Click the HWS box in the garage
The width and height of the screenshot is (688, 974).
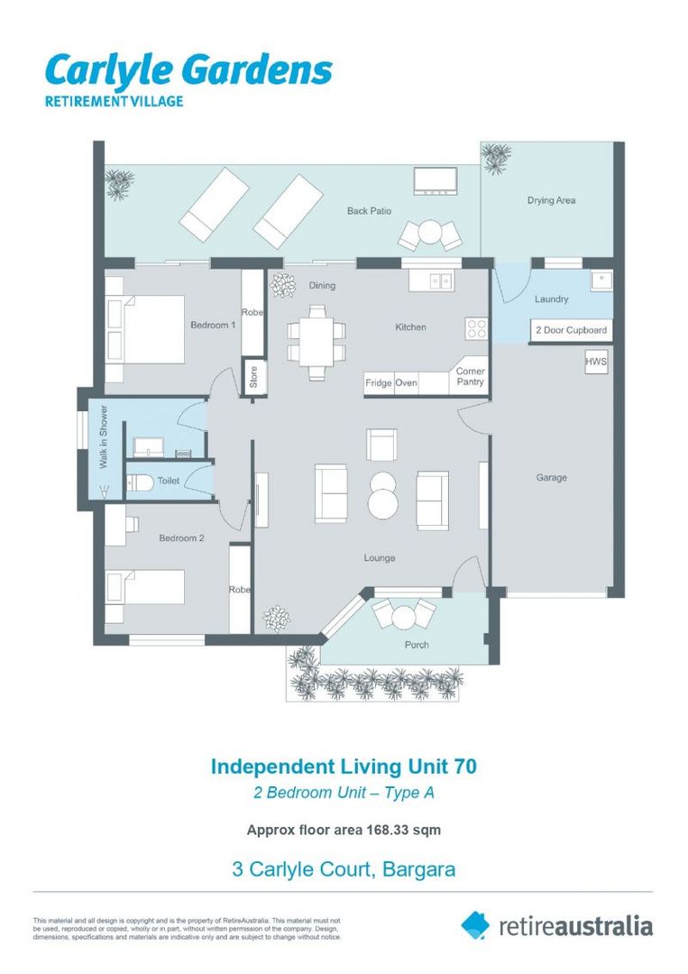596,362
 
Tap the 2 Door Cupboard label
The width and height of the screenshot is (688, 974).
572,330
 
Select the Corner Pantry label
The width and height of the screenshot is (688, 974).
470,376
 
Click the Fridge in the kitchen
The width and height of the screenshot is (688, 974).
379,383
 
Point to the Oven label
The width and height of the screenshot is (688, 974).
406,382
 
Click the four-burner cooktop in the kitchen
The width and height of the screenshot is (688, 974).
477,328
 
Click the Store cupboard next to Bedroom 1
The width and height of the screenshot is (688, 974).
254,376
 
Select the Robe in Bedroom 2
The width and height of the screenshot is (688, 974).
240,589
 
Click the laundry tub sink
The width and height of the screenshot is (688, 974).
601,280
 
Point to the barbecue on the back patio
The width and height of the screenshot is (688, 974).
436,180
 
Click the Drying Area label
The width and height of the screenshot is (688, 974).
552,200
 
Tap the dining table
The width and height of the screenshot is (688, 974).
316,343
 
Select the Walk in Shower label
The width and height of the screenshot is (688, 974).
104,436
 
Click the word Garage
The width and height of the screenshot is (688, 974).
552,478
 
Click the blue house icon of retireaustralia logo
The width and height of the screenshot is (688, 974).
475,925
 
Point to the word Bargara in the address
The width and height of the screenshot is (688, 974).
419,869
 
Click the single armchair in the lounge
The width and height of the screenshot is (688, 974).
381,445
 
